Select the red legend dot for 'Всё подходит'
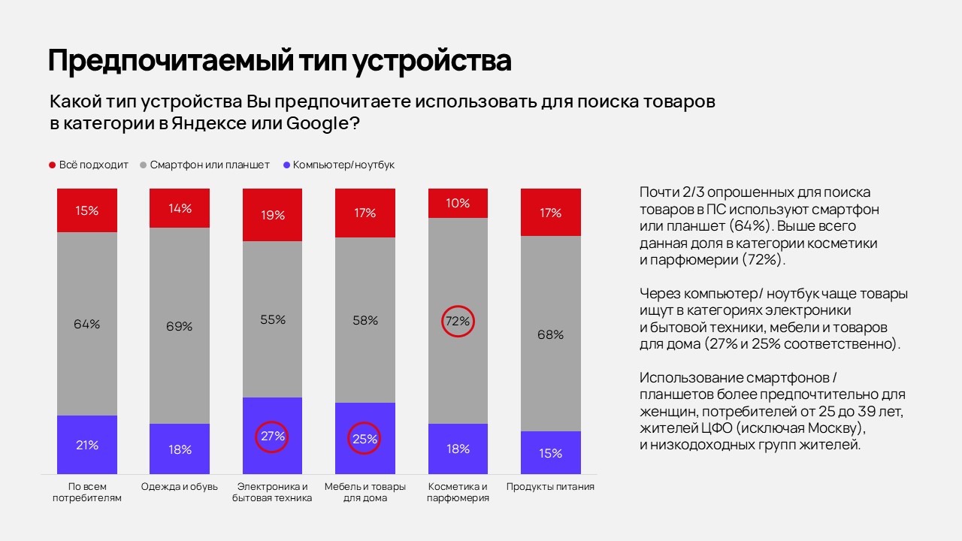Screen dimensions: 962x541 coord(53,165)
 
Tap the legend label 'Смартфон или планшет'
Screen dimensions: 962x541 coord(210,165)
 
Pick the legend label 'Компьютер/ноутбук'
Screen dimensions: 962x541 coord(343,165)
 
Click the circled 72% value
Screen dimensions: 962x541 coord(458,321)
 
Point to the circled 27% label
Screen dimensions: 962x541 coord(272,436)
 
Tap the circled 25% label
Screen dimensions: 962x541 coord(365,439)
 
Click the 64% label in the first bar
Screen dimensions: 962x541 coord(87,324)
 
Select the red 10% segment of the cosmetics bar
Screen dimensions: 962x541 coord(458,203)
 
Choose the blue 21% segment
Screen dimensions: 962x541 coord(87,445)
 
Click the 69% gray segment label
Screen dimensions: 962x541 coord(180,326)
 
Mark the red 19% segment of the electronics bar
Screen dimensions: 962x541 coord(272,215)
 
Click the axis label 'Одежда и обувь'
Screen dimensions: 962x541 coord(180,486)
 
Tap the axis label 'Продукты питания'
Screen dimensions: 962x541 coord(550,486)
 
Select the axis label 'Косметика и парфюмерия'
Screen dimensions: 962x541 coord(458,492)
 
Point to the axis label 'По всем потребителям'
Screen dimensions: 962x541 coord(87,492)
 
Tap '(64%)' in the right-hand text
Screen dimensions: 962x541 coord(761,225)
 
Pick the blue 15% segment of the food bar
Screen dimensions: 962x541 coord(550,453)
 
